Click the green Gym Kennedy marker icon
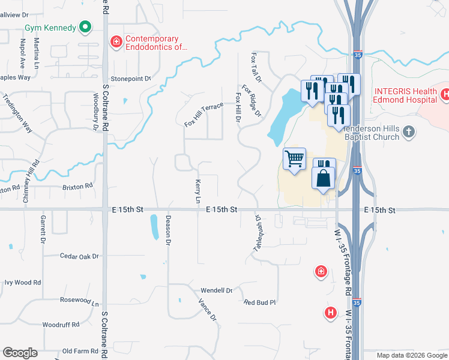click(x=85, y=27)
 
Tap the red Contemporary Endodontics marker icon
click(x=115, y=41)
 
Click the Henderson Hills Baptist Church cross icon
click(x=408, y=131)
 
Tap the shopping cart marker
click(x=294, y=160)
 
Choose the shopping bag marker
click(x=324, y=179)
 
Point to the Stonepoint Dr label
click(x=130, y=79)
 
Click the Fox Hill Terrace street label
click(x=203, y=114)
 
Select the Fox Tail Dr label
click(x=256, y=67)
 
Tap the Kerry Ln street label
click(x=197, y=190)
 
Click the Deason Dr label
click(x=168, y=230)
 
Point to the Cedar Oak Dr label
click(x=79, y=256)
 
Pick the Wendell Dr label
click(x=216, y=290)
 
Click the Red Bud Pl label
click(x=259, y=302)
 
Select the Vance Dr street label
click(x=208, y=308)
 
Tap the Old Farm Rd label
click(x=80, y=351)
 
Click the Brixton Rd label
click(x=77, y=187)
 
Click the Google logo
click(x=20, y=353)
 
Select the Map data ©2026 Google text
click(x=411, y=355)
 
